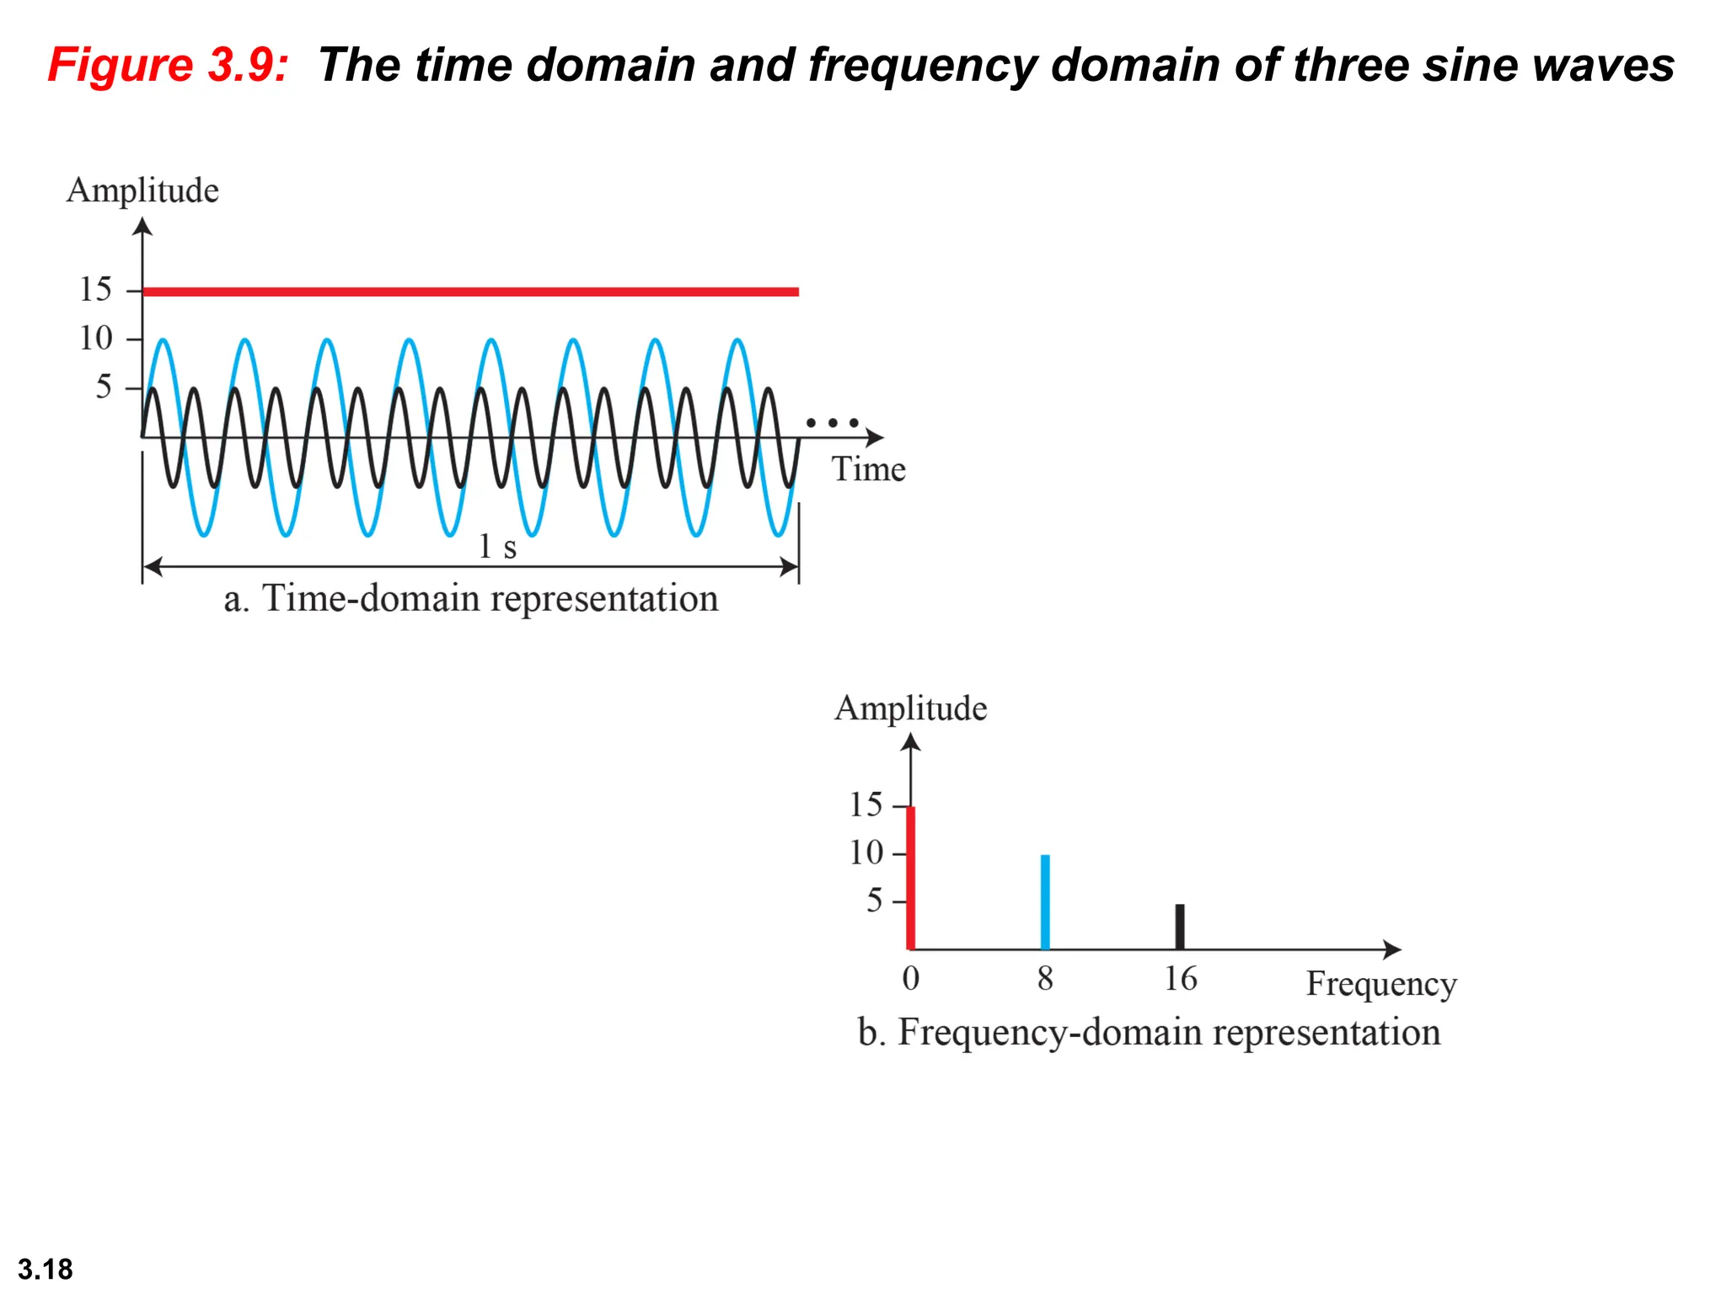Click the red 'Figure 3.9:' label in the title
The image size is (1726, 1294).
tap(168, 65)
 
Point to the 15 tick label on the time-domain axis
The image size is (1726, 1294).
tap(95, 289)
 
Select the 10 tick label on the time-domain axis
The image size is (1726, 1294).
tap(95, 338)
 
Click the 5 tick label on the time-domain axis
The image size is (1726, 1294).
tap(103, 387)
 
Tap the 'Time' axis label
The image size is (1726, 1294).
tap(868, 469)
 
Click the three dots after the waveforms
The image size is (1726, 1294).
tap(832, 422)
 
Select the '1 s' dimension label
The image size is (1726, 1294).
tap(497, 547)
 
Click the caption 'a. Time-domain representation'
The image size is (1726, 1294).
tap(470, 599)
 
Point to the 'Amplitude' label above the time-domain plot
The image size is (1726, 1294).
tap(142, 190)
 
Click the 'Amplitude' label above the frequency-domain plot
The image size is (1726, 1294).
tap(910, 708)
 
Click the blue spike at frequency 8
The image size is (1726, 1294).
tap(1045, 901)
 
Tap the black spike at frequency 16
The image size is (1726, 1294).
tap(1180, 927)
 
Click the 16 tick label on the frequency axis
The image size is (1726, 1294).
tap(1180, 979)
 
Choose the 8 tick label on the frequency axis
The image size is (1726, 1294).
tap(1045, 979)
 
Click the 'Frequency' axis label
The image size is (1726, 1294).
tap(1380, 984)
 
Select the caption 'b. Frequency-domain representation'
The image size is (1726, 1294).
tap(1149, 1033)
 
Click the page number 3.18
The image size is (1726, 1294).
tap(46, 1269)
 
